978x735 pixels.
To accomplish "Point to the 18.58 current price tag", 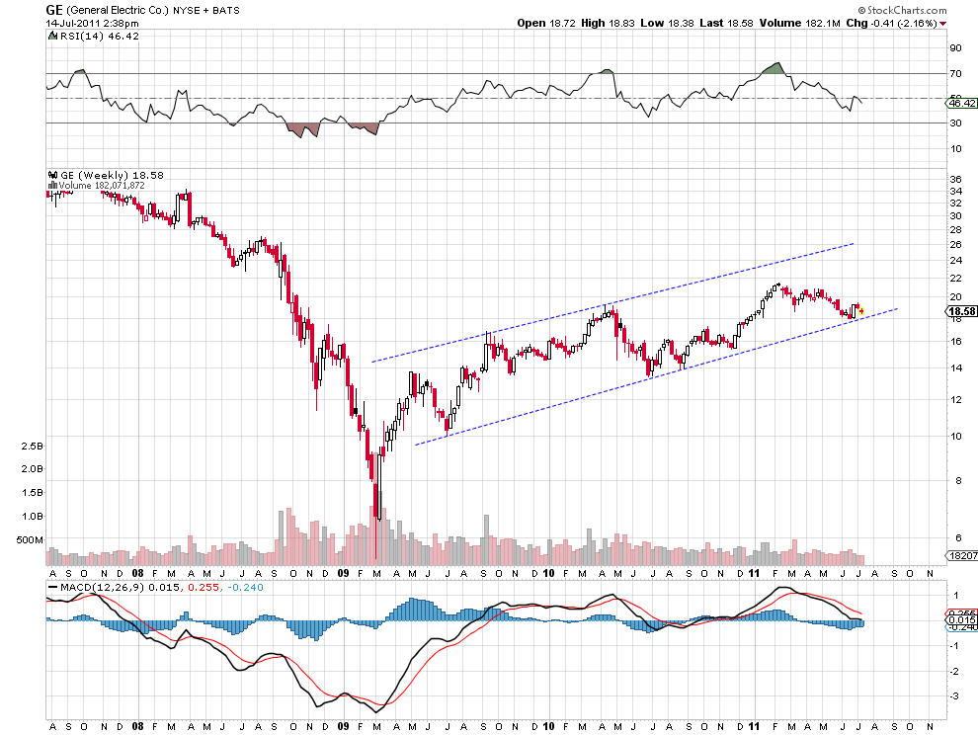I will (x=961, y=312).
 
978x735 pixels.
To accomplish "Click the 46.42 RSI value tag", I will (x=961, y=103).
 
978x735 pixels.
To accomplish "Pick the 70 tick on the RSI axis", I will (x=955, y=73).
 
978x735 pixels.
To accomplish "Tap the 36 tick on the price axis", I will (x=955, y=179).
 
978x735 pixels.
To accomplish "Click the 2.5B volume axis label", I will (x=30, y=446).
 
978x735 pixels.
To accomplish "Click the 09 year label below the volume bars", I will (x=343, y=573).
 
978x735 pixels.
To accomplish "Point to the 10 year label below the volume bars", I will (x=548, y=573).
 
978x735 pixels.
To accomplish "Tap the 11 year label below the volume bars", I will (x=753, y=573).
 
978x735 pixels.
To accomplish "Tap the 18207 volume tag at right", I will (x=961, y=558).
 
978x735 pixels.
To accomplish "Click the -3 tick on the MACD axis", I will (x=954, y=695).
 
